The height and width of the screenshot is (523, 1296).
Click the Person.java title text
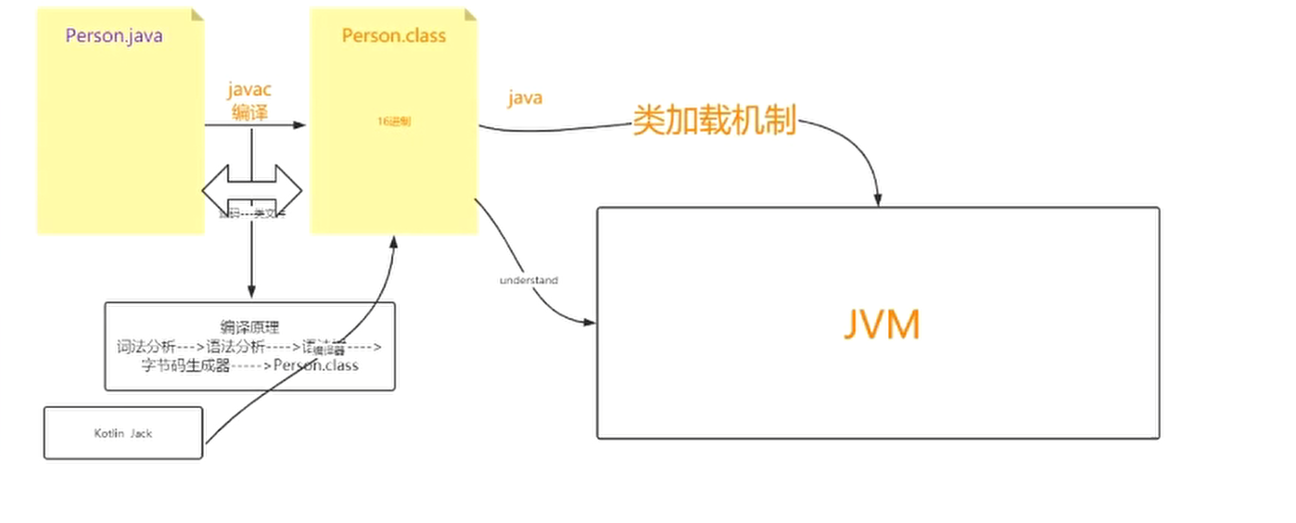click(x=114, y=37)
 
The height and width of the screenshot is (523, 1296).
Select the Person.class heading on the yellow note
click(x=394, y=36)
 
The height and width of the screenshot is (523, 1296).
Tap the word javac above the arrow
click(x=249, y=90)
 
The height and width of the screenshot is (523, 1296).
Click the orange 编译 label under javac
click(x=249, y=112)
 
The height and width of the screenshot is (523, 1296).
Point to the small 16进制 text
click(x=394, y=121)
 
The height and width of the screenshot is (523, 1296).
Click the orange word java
click(x=525, y=98)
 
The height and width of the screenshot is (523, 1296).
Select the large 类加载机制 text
click(x=714, y=121)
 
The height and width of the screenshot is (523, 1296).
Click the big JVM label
click(x=882, y=325)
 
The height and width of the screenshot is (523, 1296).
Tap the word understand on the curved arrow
click(x=528, y=280)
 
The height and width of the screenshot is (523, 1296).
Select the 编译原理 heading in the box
click(x=249, y=327)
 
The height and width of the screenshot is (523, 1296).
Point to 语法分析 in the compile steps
click(x=236, y=347)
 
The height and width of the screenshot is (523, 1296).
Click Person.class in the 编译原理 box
click(x=315, y=365)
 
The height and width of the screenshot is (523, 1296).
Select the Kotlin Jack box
click(x=123, y=433)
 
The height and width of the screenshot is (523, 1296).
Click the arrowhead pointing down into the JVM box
click(x=878, y=200)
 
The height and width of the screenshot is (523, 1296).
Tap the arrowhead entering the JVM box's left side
click(x=590, y=323)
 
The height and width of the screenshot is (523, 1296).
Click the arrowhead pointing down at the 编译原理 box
click(x=251, y=294)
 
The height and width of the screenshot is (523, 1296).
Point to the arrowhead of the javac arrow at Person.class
click(x=300, y=124)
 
